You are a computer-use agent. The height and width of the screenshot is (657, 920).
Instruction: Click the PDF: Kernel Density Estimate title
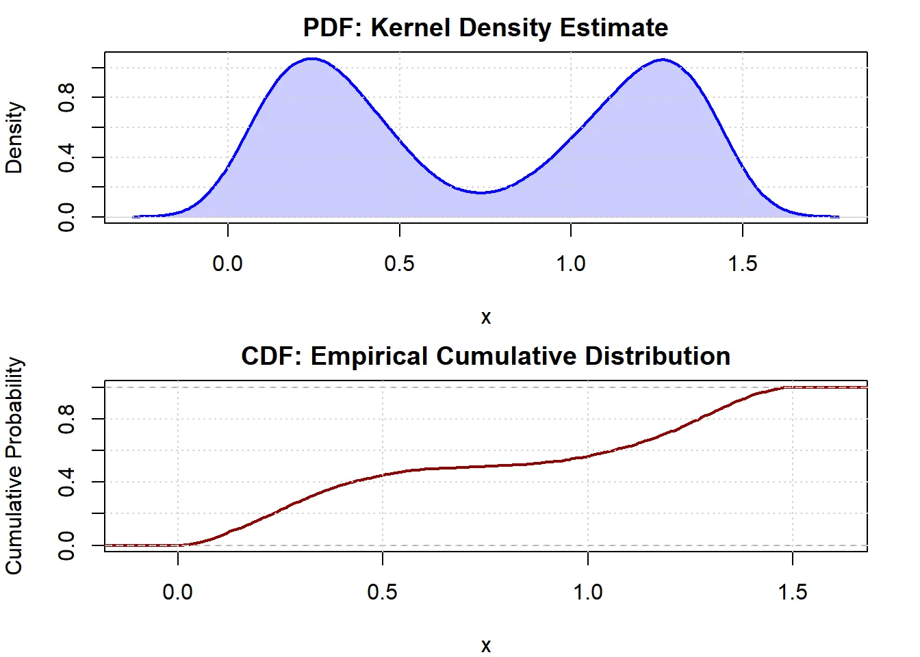[485, 28]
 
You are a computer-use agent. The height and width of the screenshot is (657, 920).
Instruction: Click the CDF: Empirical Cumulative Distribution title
[485, 357]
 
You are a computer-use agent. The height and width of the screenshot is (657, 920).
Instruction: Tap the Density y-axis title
[14, 138]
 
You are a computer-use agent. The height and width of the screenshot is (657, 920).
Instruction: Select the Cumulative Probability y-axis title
[14, 466]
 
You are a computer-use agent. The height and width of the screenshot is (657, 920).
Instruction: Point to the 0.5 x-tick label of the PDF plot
[399, 263]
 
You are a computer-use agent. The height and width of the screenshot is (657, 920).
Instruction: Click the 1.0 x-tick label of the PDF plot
[571, 263]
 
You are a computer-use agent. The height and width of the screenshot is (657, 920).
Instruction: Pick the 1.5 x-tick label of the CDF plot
[792, 592]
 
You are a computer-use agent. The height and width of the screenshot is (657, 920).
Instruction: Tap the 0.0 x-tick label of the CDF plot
[178, 592]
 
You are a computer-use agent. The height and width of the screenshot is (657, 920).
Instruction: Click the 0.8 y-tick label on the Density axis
[66, 97]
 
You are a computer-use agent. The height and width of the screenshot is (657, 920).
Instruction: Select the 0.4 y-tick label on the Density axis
[66, 157]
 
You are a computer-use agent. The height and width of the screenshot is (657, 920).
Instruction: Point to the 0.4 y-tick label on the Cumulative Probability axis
[66, 482]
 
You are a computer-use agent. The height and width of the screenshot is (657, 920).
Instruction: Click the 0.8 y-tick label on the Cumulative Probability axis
[66, 419]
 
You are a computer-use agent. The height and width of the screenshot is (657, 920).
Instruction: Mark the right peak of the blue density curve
[663, 60]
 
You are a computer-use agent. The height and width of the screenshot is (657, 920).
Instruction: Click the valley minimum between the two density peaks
[483, 193]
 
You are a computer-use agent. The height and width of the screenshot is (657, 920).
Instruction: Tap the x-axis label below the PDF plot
[485, 317]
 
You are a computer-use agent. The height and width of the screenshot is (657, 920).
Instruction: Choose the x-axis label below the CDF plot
[485, 645]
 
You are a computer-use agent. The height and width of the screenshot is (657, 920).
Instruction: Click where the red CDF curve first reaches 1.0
[784, 387]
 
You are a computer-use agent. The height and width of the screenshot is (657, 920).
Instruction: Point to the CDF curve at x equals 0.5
[383, 474]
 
